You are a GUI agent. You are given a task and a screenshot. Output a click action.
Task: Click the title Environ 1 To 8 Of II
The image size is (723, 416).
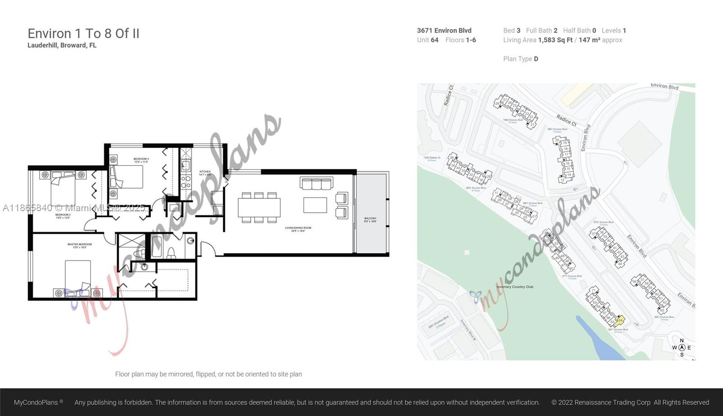click(x=84, y=33)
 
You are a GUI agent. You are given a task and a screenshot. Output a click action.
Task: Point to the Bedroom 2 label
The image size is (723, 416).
click(x=63, y=216)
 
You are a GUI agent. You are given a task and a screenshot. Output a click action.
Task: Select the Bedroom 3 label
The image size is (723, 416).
click(x=141, y=160)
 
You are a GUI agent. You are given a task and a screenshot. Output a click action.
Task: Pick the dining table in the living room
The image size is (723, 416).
click(x=259, y=208)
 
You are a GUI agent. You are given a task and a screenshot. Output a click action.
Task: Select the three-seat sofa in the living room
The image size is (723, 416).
click(x=316, y=183)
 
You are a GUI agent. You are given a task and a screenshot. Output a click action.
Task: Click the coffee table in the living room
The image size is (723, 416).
click(x=315, y=205)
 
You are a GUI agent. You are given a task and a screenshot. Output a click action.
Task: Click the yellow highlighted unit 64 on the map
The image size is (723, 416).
click(x=620, y=320)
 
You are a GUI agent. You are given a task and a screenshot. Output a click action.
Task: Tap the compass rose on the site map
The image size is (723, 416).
click(x=682, y=347)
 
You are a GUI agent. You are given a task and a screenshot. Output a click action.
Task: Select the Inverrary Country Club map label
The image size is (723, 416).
click(x=515, y=287)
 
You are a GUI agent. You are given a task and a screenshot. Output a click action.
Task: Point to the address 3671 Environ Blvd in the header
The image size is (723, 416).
click(x=444, y=31)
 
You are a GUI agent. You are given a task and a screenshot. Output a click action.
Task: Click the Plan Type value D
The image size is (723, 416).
click(x=536, y=59)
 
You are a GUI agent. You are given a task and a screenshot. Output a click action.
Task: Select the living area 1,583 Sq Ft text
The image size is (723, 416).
click(x=555, y=40)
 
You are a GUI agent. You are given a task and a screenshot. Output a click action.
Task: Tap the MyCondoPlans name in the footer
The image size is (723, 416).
click(x=36, y=402)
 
